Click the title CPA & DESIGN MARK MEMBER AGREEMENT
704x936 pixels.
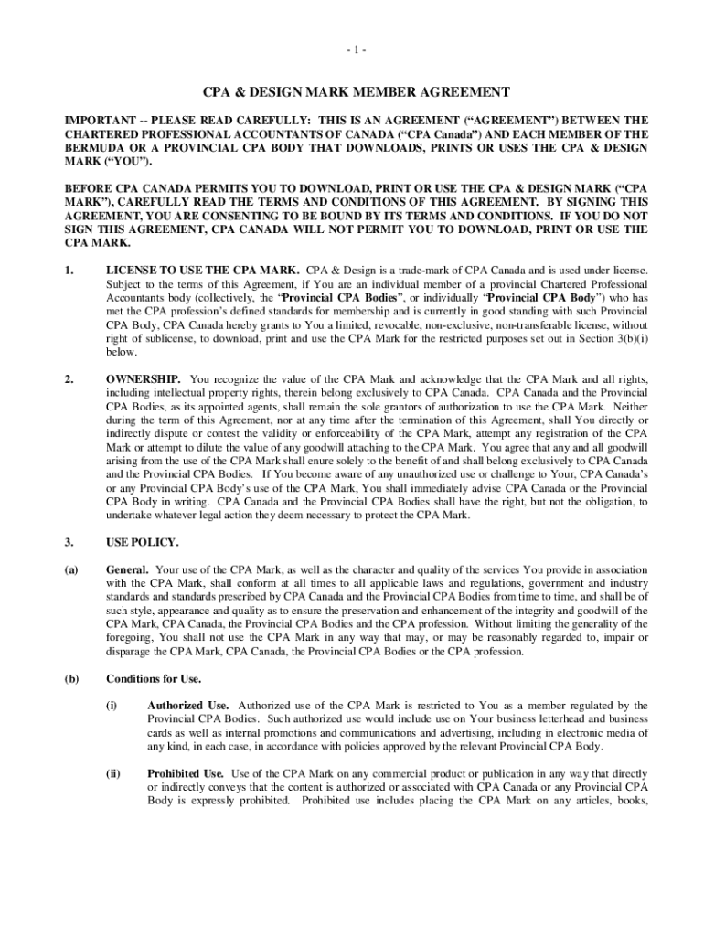pos(356,93)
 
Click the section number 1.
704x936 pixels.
pos(68,270)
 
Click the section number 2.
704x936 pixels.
pos(68,378)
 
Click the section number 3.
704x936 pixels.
pos(68,542)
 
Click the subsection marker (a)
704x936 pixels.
pos(70,569)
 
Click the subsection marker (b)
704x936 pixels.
pos(70,678)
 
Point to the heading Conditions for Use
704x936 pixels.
pos(154,678)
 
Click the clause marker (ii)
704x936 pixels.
pos(113,773)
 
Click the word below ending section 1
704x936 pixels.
pos(121,352)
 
